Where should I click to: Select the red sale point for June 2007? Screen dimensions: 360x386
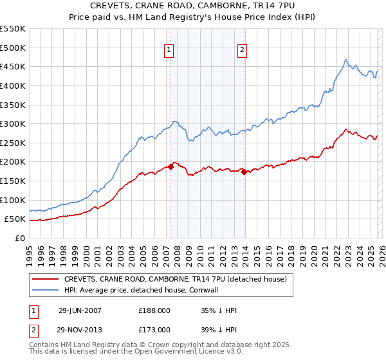click(x=171, y=166)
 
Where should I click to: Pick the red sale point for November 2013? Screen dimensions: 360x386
click(x=244, y=172)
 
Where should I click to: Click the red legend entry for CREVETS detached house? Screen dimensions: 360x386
click(x=179, y=279)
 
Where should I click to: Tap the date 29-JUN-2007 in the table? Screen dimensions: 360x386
click(x=80, y=310)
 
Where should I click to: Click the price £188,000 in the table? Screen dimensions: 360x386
click(x=154, y=310)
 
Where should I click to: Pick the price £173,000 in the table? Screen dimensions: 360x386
click(x=154, y=329)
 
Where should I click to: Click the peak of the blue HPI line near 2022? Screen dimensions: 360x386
click(x=345, y=60)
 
